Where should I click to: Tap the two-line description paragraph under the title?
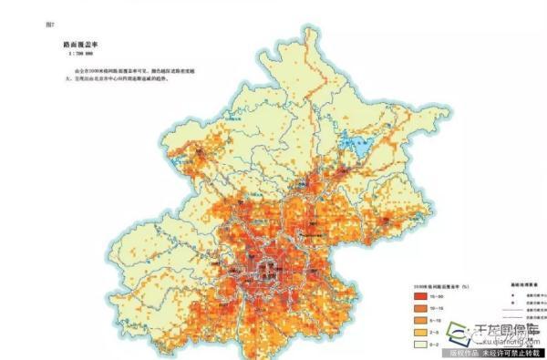coord(108,73)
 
